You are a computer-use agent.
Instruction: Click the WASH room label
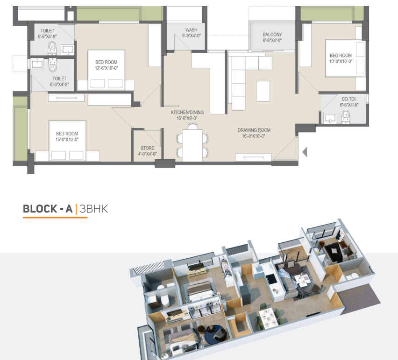coord(192,30)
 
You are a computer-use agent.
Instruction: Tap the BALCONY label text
coord(272,35)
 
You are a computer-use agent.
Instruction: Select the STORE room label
coord(148,148)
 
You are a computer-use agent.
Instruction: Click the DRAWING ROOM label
coord(254,130)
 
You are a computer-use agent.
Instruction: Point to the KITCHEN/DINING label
coord(187,112)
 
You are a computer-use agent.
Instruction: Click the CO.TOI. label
coord(349,99)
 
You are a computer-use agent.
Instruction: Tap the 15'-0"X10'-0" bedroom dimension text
coord(67,140)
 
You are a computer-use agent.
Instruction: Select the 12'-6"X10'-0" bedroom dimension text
coord(107,68)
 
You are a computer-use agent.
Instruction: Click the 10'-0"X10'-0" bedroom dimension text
coord(341,61)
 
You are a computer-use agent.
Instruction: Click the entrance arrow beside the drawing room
coord(305,152)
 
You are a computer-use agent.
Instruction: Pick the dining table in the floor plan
coord(192,145)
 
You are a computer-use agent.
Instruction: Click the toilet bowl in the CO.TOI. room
coord(346,116)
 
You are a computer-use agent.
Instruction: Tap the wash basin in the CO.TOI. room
coord(330,118)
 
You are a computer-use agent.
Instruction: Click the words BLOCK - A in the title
coord(48,209)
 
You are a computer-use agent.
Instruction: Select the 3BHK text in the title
coord(94,209)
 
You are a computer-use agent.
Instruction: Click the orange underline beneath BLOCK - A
coord(55,218)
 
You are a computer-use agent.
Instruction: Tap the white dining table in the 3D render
coord(268,318)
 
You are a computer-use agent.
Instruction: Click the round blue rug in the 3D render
coord(215,335)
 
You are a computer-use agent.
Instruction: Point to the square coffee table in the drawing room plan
coord(263,92)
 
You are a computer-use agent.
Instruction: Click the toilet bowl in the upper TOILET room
coord(52,48)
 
